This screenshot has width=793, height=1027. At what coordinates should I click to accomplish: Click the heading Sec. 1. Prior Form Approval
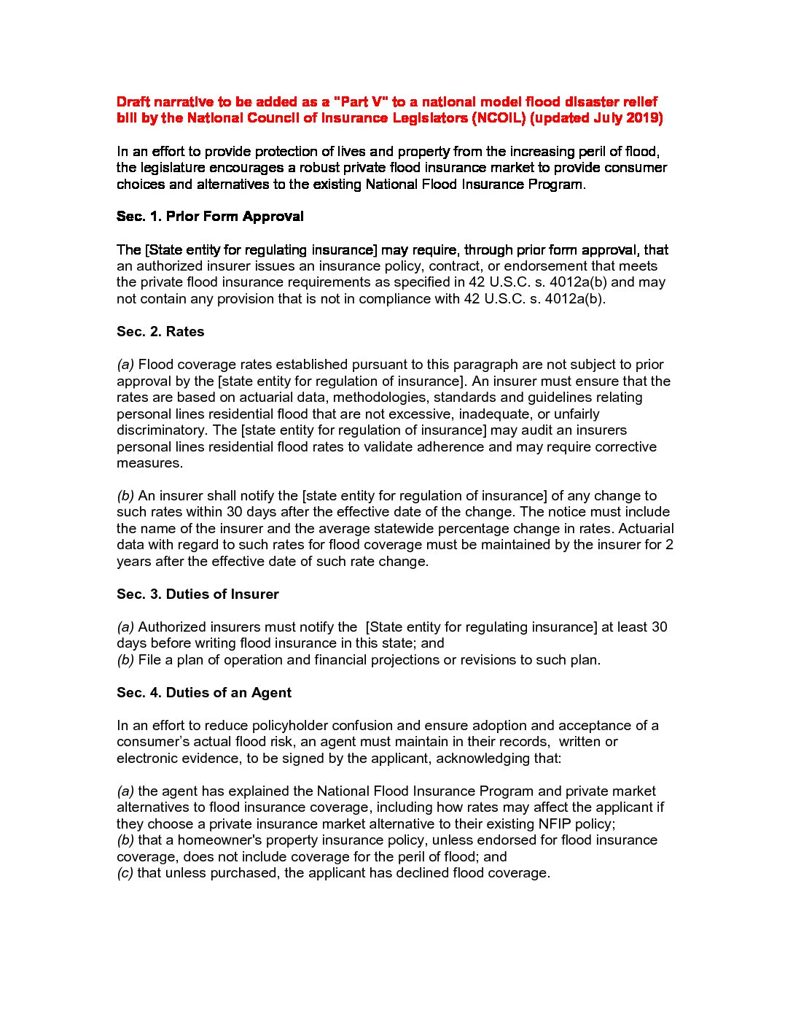tap(210, 217)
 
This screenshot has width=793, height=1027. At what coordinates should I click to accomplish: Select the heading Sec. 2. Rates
tap(160, 332)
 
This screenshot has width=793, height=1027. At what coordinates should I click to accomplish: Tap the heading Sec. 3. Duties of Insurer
tap(198, 594)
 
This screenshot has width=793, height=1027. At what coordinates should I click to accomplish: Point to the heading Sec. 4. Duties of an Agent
tap(204, 693)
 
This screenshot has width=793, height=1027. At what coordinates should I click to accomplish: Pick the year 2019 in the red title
tap(644, 118)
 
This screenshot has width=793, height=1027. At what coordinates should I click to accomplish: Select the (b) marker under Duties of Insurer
tap(125, 660)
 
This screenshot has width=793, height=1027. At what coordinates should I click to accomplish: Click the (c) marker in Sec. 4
tap(125, 873)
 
